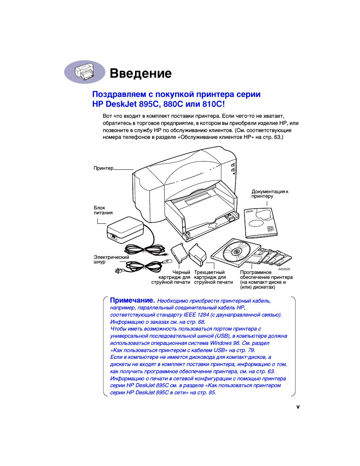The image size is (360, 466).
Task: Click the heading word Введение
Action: (140, 73)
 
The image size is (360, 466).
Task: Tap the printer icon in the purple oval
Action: (84, 72)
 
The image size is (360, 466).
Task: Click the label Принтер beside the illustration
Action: (103, 168)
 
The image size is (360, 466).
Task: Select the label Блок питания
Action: (103, 210)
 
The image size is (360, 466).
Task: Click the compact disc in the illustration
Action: (237, 251)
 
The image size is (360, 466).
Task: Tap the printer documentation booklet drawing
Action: (260, 223)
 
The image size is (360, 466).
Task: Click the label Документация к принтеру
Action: (269, 194)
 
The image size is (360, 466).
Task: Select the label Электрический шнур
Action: (111, 260)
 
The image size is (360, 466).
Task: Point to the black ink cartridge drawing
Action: (179, 253)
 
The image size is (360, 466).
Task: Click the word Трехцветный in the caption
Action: (209, 272)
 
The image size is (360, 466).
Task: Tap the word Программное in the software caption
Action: (256, 272)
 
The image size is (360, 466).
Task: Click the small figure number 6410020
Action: (284, 269)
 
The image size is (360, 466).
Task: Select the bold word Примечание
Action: (132, 300)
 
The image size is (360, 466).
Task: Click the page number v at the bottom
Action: (298, 407)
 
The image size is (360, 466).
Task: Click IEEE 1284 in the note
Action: (196, 315)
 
